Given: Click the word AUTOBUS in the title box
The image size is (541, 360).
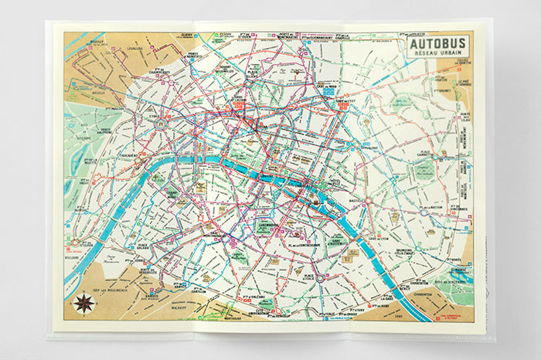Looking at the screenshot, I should pyautogui.click(x=439, y=45).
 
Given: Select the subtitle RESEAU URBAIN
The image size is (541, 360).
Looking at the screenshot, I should pyautogui.click(x=439, y=56).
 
